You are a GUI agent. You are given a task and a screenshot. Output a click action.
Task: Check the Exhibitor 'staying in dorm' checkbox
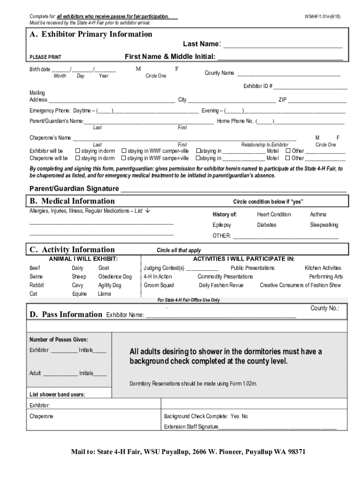[78, 151]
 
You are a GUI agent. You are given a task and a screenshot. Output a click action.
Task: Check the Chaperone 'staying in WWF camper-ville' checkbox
[124, 159]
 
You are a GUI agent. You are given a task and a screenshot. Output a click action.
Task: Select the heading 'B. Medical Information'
[72, 201]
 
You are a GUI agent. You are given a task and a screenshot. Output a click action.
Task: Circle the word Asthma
[318, 214]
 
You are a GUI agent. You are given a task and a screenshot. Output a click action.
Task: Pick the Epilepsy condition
[222, 225]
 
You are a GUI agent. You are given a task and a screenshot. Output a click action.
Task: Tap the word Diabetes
[266, 225]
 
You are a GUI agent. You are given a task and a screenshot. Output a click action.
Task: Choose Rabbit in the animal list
[37, 285]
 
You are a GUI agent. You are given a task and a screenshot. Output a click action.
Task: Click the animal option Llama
[104, 294]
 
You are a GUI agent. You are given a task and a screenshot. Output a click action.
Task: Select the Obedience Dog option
[115, 276]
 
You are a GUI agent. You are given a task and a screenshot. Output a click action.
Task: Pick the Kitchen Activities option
[323, 268]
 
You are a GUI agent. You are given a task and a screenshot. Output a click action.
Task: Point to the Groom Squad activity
[158, 285]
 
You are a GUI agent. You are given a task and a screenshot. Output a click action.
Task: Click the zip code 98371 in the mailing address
[294, 452]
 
